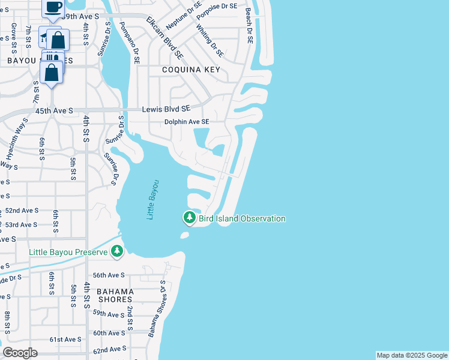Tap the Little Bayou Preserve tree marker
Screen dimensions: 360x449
click(x=118, y=251)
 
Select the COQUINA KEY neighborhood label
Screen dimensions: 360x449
click(x=191, y=70)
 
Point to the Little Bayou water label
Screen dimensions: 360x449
click(x=153, y=199)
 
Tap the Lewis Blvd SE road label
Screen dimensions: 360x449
click(x=166, y=109)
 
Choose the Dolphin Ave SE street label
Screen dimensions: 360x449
click(x=187, y=122)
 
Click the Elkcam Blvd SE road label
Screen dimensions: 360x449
click(x=164, y=37)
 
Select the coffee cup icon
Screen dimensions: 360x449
click(x=53, y=7)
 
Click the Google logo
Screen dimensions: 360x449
click(x=20, y=353)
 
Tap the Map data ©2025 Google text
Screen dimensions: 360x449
click(x=412, y=355)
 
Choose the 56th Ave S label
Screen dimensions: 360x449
click(x=109, y=275)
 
